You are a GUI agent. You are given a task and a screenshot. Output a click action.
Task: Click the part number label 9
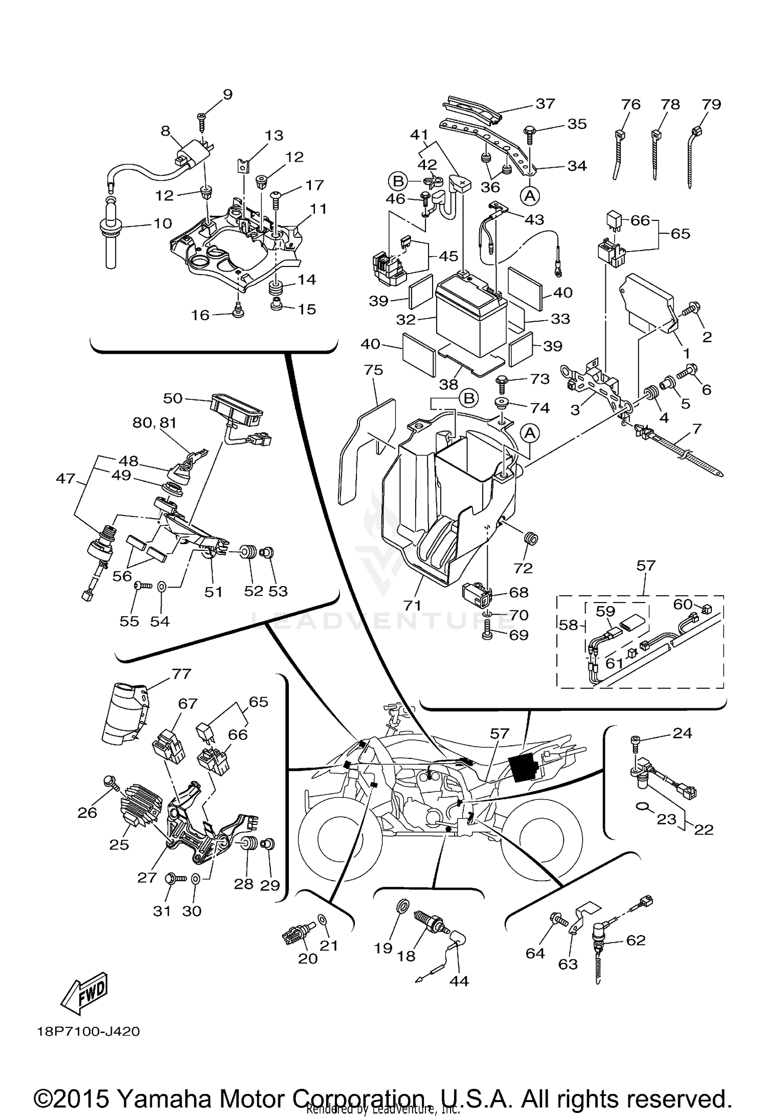(x=228, y=94)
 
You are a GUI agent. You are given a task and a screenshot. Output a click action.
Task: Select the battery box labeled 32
(x=470, y=317)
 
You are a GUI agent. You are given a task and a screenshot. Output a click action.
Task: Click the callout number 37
(x=545, y=104)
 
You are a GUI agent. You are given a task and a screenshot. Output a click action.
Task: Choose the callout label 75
(x=373, y=370)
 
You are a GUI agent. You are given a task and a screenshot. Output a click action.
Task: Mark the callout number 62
(x=636, y=940)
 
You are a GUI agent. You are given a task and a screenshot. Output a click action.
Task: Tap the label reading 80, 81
(x=154, y=422)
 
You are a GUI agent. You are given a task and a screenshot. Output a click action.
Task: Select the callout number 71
(x=412, y=605)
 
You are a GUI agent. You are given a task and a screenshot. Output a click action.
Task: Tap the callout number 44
(x=459, y=981)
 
